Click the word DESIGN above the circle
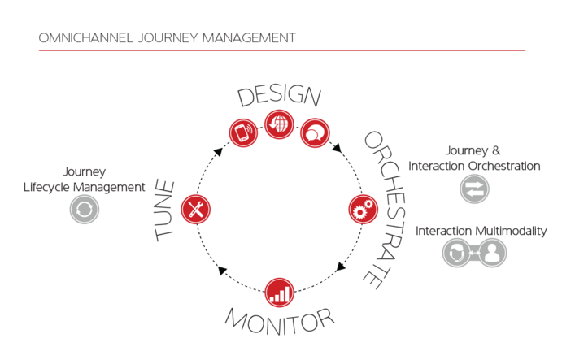pyautogui.click(x=280, y=95)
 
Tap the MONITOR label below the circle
pyautogui.click(x=280, y=322)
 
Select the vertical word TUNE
pyautogui.click(x=164, y=210)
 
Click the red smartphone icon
pyautogui.click(x=243, y=132)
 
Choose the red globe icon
pyautogui.click(x=279, y=124)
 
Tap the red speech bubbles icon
pyautogui.click(x=315, y=132)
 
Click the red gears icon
pyautogui.click(x=363, y=210)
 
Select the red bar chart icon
pyautogui.click(x=280, y=293)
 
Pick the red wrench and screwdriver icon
pyautogui.click(x=196, y=210)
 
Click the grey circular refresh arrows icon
pyautogui.click(x=85, y=210)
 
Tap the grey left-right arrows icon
pyautogui.click(x=474, y=189)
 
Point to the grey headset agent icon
pyautogui.click(x=456, y=253)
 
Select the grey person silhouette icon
pyautogui.click(x=492, y=253)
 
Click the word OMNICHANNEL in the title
pyautogui.click(x=85, y=37)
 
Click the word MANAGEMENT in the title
pyautogui.click(x=249, y=37)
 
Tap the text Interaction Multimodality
pyautogui.click(x=481, y=231)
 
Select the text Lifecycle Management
pyautogui.click(x=84, y=188)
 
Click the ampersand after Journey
pyautogui.click(x=496, y=150)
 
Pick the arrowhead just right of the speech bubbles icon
pyautogui.click(x=337, y=147)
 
